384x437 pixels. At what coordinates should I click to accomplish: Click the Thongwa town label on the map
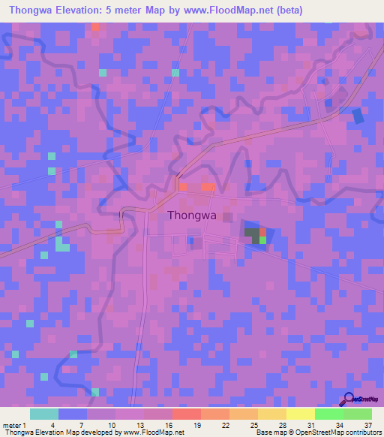192,215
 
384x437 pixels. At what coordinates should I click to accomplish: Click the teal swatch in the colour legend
44,414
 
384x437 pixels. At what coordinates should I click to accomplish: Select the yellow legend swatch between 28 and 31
300,414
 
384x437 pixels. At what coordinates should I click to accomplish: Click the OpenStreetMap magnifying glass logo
349,399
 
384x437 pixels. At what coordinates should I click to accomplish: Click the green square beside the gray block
262,240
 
